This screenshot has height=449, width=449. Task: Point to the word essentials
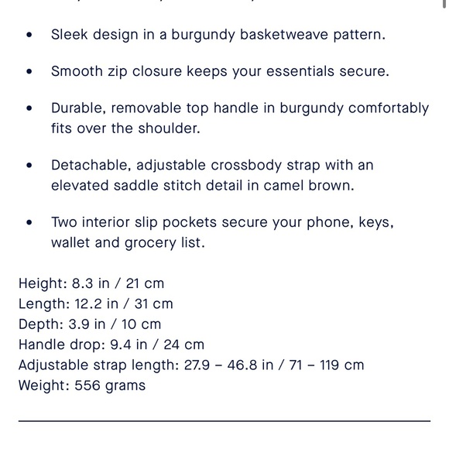[287, 71]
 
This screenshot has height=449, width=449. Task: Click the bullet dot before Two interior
[29, 222]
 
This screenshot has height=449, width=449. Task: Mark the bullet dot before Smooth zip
[29, 71]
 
